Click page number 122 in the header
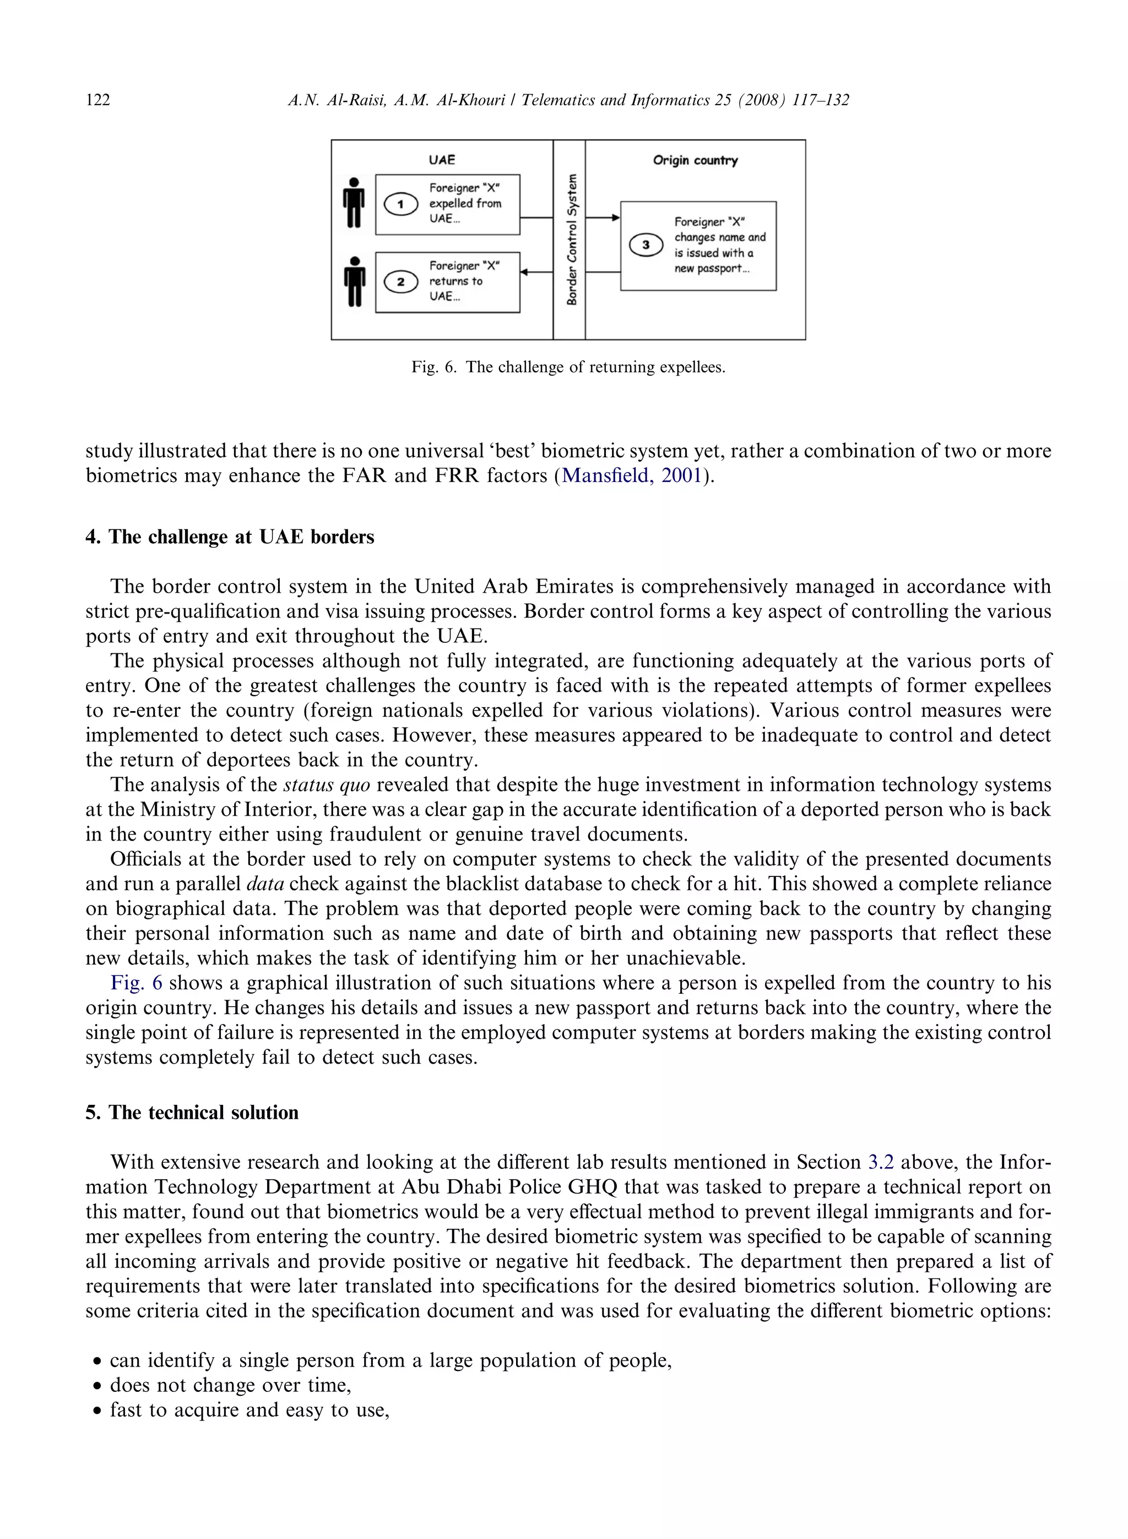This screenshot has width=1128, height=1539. [97, 100]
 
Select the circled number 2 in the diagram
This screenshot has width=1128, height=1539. [401, 282]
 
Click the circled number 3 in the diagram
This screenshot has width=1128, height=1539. [646, 245]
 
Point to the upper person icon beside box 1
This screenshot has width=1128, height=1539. [354, 203]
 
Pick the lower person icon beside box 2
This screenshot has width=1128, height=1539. [354, 281]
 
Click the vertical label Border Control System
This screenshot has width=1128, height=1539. [572, 239]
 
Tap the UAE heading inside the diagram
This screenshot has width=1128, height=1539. [442, 160]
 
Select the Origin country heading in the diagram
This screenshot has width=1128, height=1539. [695, 160]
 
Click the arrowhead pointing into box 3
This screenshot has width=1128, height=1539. [616, 218]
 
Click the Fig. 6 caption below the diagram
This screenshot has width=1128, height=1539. [568, 367]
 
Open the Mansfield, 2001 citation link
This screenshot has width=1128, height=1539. [632, 476]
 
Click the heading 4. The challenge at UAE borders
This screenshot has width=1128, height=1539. [230, 538]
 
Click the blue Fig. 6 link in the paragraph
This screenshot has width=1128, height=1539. [137, 983]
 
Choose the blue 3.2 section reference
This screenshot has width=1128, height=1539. [881, 1162]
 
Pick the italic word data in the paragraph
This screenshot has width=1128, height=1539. [265, 884]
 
